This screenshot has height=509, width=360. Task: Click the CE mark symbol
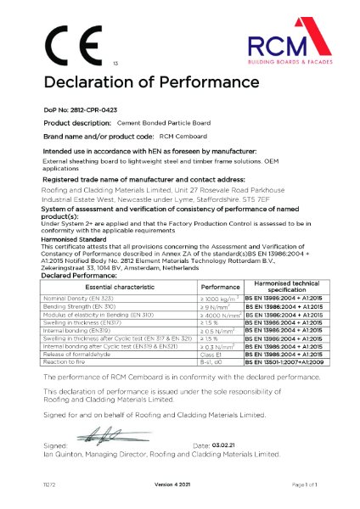click(66, 43)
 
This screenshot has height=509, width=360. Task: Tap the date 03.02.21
click(224, 445)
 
